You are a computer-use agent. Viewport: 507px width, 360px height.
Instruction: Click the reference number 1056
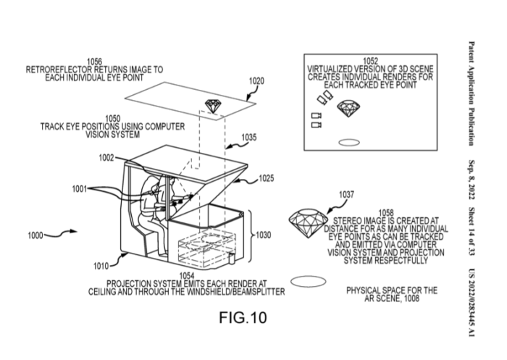pyautogui.click(x=94, y=62)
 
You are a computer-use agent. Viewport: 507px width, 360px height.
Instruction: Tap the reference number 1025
pyautogui.click(x=266, y=177)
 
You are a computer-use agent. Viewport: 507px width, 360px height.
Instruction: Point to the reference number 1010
pyautogui.click(x=101, y=266)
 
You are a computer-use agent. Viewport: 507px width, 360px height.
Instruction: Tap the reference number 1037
pyautogui.click(x=346, y=194)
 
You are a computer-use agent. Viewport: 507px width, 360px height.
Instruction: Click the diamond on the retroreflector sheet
pyautogui.click(x=214, y=106)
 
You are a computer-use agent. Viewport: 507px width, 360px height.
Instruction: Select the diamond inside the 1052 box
pyautogui.click(x=348, y=109)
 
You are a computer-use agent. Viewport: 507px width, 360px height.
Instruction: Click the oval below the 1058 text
pyautogui.click(x=303, y=279)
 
